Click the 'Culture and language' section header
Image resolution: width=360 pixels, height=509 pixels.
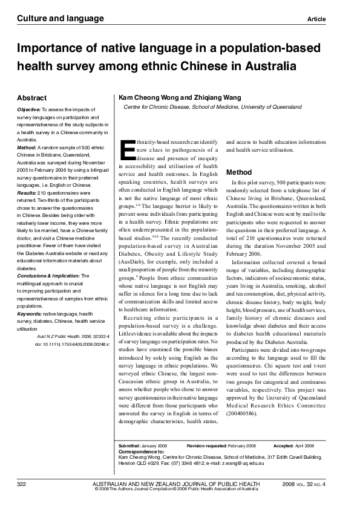click(52, 19)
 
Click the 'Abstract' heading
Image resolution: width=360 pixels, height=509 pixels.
click(32, 97)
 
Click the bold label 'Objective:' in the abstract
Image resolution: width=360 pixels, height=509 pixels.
click(28, 109)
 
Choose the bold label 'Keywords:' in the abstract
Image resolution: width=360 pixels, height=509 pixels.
click(29, 297)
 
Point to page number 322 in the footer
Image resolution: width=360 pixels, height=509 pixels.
click(22, 484)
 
